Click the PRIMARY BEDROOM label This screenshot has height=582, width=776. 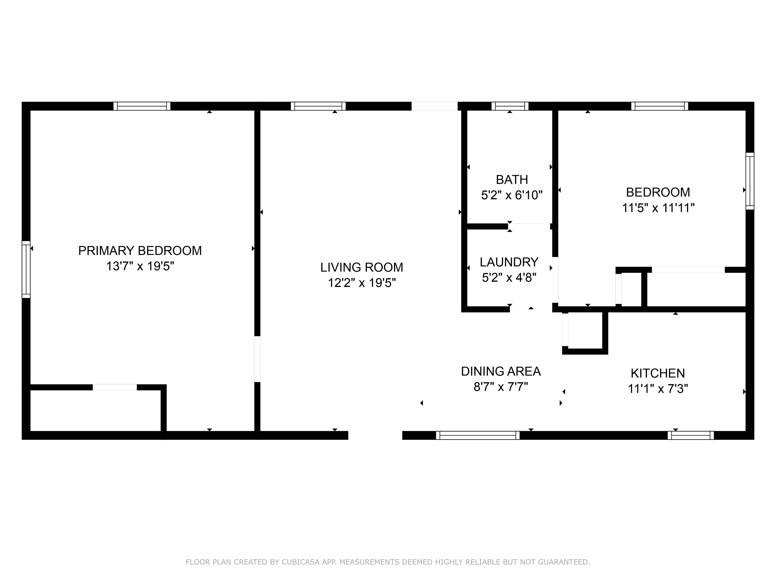tap(140, 251)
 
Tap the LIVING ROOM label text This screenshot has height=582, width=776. tap(362, 267)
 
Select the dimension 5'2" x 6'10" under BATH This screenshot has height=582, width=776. tap(512, 195)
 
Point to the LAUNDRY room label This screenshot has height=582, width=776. tap(509, 262)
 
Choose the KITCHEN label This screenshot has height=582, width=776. tap(658, 373)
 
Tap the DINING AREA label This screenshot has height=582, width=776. tap(501, 371)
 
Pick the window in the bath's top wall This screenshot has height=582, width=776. tap(510, 106)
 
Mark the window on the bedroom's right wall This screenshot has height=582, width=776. tap(750, 181)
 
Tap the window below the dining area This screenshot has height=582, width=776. tap(478, 435)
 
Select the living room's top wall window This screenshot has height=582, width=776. tap(318, 106)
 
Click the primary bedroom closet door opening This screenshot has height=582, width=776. tap(115, 387)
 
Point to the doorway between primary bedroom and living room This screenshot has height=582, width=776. tap(257, 359)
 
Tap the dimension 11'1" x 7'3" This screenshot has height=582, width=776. tap(658, 389)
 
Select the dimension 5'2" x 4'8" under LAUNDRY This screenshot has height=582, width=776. tap(509, 278)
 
